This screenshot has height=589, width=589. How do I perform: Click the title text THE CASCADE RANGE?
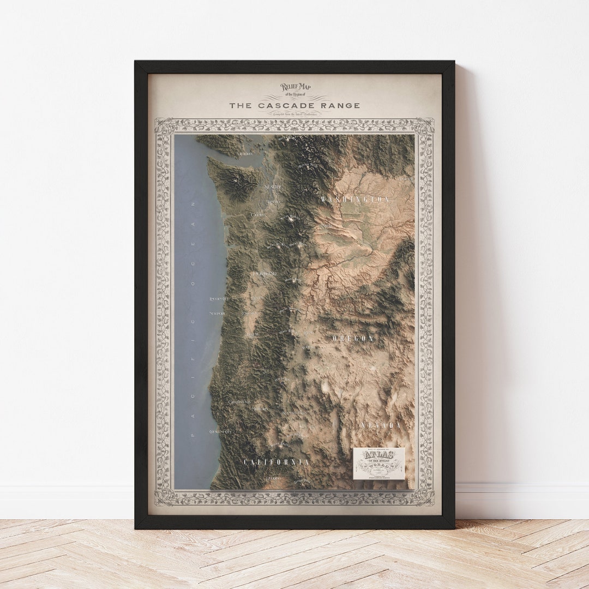[294, 105]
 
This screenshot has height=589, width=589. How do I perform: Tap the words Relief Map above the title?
[295, 87]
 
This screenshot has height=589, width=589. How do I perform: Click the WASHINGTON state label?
[355, 200]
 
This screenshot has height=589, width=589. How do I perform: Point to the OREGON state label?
[353, 339]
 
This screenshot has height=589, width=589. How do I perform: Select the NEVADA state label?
[381, 425]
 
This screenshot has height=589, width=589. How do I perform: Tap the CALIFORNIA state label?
[277, 462]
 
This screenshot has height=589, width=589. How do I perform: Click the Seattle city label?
[273, 187]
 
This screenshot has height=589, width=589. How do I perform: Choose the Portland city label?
[265, 273]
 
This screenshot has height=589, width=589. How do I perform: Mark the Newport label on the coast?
[217, 314]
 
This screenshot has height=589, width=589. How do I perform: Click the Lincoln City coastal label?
[218, 299]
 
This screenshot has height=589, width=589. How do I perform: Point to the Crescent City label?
[220, 431]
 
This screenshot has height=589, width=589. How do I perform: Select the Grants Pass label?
[239, 402]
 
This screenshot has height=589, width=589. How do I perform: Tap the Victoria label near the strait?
[245, 154]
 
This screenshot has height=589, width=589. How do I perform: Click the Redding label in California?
[273, 478]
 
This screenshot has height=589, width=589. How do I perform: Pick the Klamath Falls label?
[294, 413]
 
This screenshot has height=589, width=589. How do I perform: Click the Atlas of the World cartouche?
[378, 464]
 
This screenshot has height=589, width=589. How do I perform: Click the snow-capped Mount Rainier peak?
[288, 220]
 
